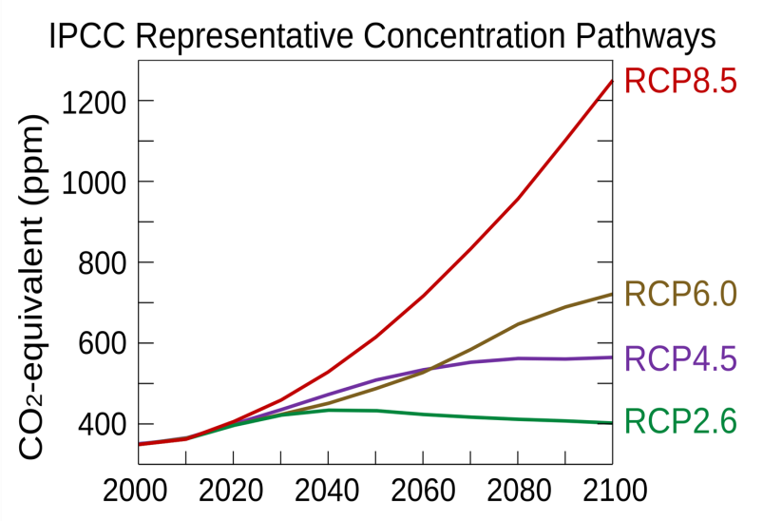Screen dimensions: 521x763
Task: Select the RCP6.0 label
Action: click(x=680, y=295)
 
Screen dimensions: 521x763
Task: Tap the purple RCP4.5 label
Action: click(x=680, y=358)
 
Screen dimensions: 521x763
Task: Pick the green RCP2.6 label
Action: click(x=680, y=421)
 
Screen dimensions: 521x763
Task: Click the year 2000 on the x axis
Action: click(x=139, y=491)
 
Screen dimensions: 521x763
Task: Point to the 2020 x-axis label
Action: click(x=234, y=491)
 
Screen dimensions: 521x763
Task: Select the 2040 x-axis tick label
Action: click(x=329, y=491)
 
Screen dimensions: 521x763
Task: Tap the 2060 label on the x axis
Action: click(x=424, y=491)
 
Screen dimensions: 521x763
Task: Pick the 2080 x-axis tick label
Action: click(x=519, y=491)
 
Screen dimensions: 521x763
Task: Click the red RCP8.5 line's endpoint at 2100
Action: click(x=612, y=82)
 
